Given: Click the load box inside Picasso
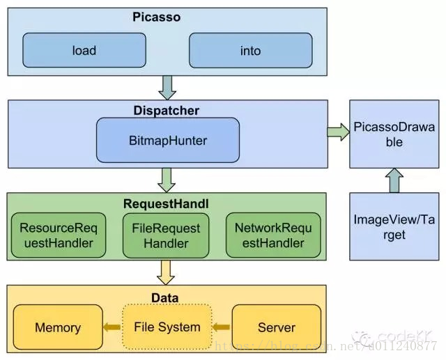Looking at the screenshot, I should (84, 50).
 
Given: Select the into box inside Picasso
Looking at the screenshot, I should (250, 50).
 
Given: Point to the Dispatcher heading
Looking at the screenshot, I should (166, 110).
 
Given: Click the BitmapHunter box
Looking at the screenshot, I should (168, 140).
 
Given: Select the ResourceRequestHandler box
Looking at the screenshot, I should (57, 235).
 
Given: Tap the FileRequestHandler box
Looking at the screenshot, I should (166, 235).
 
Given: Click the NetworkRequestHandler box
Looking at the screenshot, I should (274, 235).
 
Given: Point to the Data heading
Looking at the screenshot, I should (165, 297).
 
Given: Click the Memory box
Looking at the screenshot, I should (58, 327).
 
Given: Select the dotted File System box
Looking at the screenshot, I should (167, 327).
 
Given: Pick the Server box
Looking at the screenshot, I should (276, 327).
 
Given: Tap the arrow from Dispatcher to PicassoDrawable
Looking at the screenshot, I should (337, 131).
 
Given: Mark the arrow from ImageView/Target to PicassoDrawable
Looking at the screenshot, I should (394, 182).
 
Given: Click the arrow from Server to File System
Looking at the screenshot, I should (220, 327).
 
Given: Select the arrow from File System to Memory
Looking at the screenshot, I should (111, 327).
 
